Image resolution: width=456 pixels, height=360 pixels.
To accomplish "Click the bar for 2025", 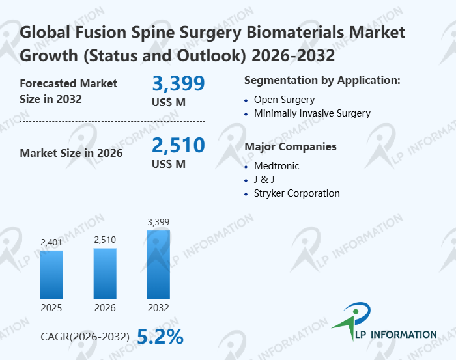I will (x=51, y=274).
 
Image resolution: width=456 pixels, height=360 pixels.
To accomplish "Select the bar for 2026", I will (x=105, y=273).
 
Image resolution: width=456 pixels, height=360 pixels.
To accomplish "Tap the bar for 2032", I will (x=158, y=264).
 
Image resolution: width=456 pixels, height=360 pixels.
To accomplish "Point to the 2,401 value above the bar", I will (x=51, y=243).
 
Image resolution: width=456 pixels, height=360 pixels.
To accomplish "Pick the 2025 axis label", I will (x=51, y=307).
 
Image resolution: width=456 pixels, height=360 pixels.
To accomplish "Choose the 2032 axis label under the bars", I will (x=158, y=307).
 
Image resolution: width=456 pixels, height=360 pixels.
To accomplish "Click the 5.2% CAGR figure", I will (x=160, y=336).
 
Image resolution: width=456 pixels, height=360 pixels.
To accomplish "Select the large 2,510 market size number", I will (x=178, y=145).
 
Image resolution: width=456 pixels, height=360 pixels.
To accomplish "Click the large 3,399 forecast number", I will (x=178, y=83).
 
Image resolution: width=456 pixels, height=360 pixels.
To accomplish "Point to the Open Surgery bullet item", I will (x=284, y=100).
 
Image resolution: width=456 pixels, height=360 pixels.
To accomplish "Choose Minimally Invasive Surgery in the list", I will (x=312, y=113).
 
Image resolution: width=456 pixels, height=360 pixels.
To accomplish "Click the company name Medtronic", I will (x=277, y=166).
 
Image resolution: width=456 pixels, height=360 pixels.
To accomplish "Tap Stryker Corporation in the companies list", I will (x=296, y=193).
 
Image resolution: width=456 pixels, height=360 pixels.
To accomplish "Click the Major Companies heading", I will (x=291, y=146).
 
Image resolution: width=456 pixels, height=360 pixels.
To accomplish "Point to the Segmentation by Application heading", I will (x=322, y=80).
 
